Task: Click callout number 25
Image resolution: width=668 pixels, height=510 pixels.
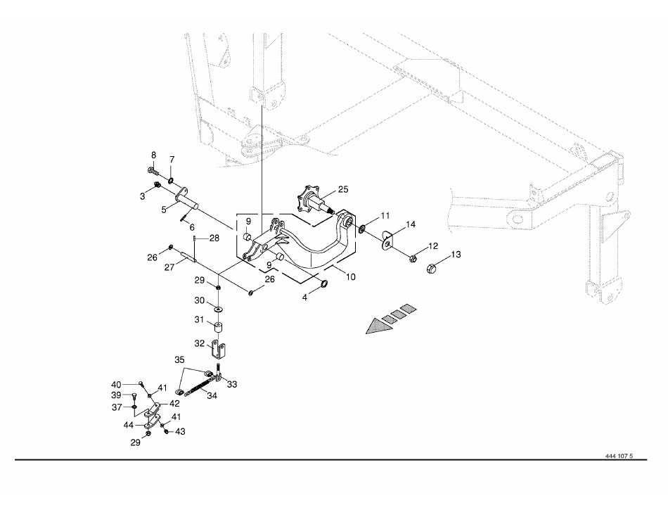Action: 343,189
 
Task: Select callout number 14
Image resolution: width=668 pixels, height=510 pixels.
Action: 411,224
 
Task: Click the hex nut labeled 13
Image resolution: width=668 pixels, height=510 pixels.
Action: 431,268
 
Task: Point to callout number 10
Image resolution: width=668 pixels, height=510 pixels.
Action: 351,277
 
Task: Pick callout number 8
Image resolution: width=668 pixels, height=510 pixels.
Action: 153,155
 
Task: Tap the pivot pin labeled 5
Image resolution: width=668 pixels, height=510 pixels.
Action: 186,199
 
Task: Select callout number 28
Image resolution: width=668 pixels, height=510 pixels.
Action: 214,238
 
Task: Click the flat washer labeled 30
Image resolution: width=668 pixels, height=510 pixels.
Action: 218,308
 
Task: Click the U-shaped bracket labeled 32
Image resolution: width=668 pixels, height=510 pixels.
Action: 218,349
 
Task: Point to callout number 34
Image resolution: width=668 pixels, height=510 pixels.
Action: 212,395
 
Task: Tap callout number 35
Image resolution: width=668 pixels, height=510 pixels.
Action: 180,359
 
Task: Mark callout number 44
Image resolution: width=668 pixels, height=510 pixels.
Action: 129,425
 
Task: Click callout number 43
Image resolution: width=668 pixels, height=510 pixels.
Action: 180,432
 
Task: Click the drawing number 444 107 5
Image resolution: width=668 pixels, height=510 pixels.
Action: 619,456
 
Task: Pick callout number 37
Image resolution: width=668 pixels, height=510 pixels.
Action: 117,407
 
